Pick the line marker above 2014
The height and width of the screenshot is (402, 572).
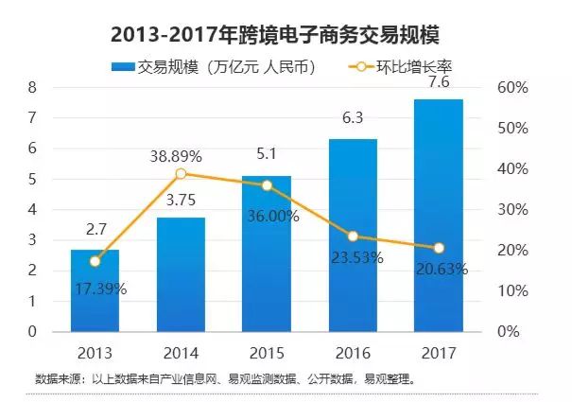tap(182, 173)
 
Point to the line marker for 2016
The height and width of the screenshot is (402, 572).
tap(353, 236)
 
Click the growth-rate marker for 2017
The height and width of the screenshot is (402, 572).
tap(439, 248)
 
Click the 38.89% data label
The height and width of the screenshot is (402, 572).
tap(181, 153)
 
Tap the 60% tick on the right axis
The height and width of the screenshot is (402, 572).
tap(514, 87)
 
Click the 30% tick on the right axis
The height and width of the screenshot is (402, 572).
tap(514, 209)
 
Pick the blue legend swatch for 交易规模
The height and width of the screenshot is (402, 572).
tap(123, 66)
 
